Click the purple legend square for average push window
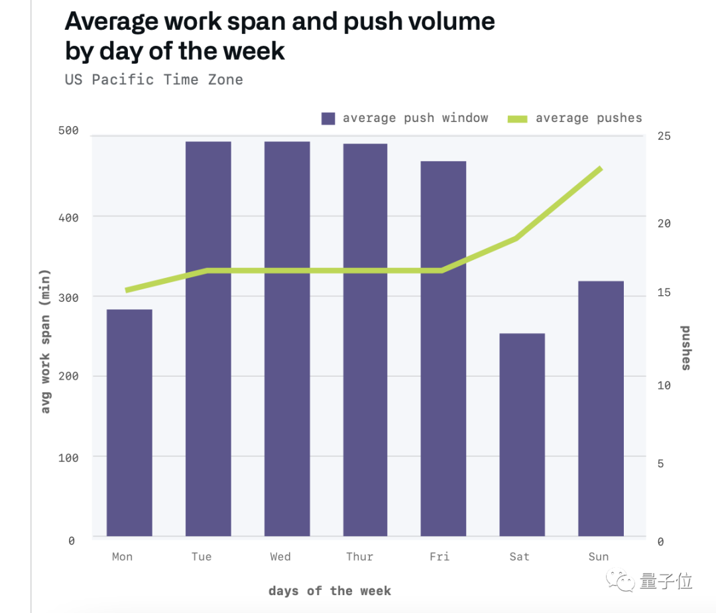(328, 119)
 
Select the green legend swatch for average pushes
(517, 119)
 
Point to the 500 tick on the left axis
(68, 131)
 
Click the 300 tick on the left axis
(68, 297)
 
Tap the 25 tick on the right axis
(664, 136)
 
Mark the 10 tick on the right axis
(664, 385)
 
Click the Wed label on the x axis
(280, 557)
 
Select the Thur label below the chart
(359, 557)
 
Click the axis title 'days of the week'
(329, 591)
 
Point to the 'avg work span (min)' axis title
(45, 341)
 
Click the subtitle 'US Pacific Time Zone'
(154, 80)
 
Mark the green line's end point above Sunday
(600, 169)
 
